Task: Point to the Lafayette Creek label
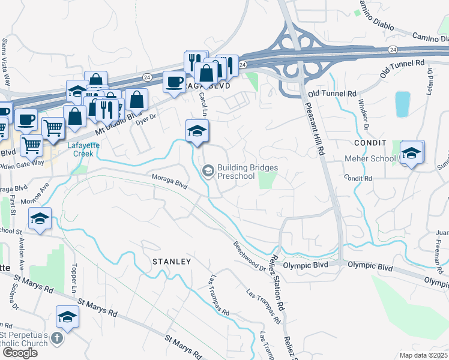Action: click(x=67, y=149)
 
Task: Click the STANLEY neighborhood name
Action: click(x=171, y=262)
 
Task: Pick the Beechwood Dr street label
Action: click(x=249, y=255)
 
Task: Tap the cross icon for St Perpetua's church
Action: click(x=57, y=338)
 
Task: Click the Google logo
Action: click(x=20, y=353)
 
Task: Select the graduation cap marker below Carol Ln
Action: click(x=197, y=131)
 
